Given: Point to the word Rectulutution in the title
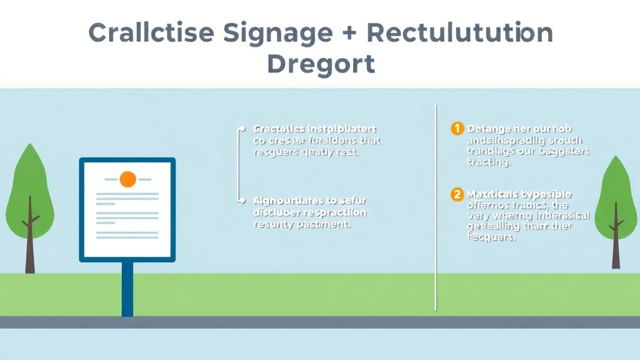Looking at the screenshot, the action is [x=460, y=32].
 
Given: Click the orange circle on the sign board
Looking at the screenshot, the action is [x=127, y=179].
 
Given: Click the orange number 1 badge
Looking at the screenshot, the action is [x=457, y=129].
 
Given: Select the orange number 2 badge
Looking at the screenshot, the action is [x=457, y=194].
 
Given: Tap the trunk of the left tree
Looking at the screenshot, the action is [x=29, y=250].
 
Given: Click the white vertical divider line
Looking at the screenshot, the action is [x=436, y=206].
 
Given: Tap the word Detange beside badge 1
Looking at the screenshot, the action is [x=489, y=129].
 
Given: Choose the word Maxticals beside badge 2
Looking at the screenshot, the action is [x=491, y=194].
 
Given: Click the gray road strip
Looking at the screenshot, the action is [x=320, y=322].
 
